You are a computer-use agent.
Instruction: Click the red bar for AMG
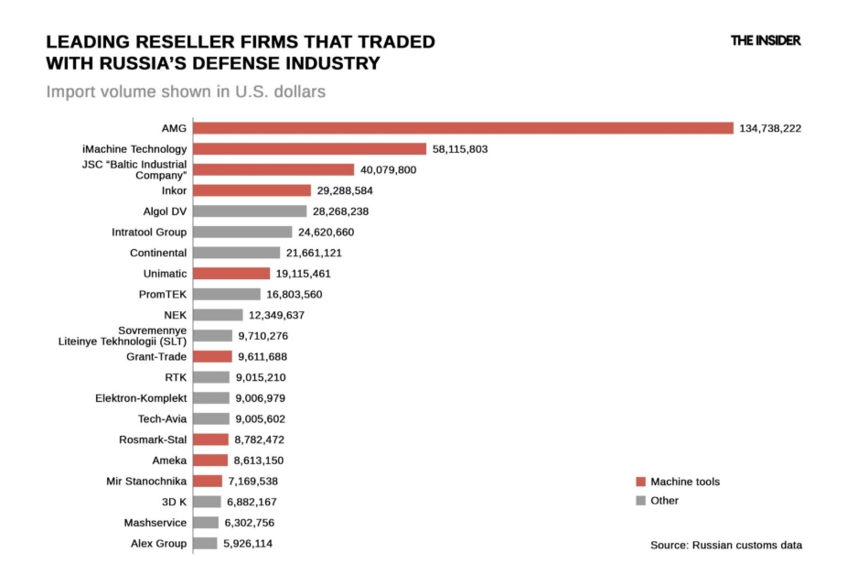pos(463,128)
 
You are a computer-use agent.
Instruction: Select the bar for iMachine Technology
pos(310,149)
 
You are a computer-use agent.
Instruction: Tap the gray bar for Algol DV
pos(250,211)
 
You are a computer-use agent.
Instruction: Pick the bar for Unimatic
pos(231,274)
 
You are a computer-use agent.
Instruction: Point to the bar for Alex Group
pos(205,544)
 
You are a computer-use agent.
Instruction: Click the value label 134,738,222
pos(770,128)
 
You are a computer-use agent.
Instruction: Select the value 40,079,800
pos(388,170)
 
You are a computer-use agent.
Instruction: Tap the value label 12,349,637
pos(276,315)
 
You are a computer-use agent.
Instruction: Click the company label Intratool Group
pos(149,233)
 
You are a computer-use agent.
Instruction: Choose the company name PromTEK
pos(162,295)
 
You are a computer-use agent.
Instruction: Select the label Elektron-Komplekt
pos(141,398)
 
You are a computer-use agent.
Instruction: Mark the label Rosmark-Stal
pos(152,440)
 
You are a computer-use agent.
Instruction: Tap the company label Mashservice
pos(155,523)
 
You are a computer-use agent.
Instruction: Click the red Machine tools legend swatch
pos(640,482)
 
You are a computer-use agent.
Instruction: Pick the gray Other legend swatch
pos(640,501)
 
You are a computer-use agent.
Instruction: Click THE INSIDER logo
pos(766,41)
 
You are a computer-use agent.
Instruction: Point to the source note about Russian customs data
pos(725,545)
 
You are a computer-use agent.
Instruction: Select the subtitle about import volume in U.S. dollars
pos(186,92)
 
